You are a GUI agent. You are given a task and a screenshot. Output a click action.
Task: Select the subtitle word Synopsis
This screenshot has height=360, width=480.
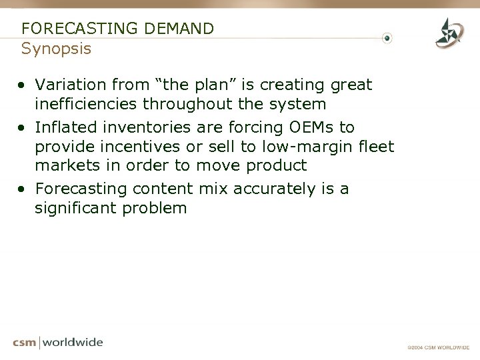56,49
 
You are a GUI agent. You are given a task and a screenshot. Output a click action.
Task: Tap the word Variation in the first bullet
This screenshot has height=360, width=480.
69,85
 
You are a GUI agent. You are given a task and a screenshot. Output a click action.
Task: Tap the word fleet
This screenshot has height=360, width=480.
376,146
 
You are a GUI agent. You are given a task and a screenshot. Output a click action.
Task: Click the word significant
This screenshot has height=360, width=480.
75,208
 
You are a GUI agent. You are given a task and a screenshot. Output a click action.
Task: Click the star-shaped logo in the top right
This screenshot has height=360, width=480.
449,33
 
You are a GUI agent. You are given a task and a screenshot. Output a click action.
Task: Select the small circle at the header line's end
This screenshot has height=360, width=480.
387,38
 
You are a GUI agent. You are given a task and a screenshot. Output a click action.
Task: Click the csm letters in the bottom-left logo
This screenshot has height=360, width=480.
25,343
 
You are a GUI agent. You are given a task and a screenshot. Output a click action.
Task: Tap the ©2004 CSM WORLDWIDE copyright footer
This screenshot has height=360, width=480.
439,347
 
